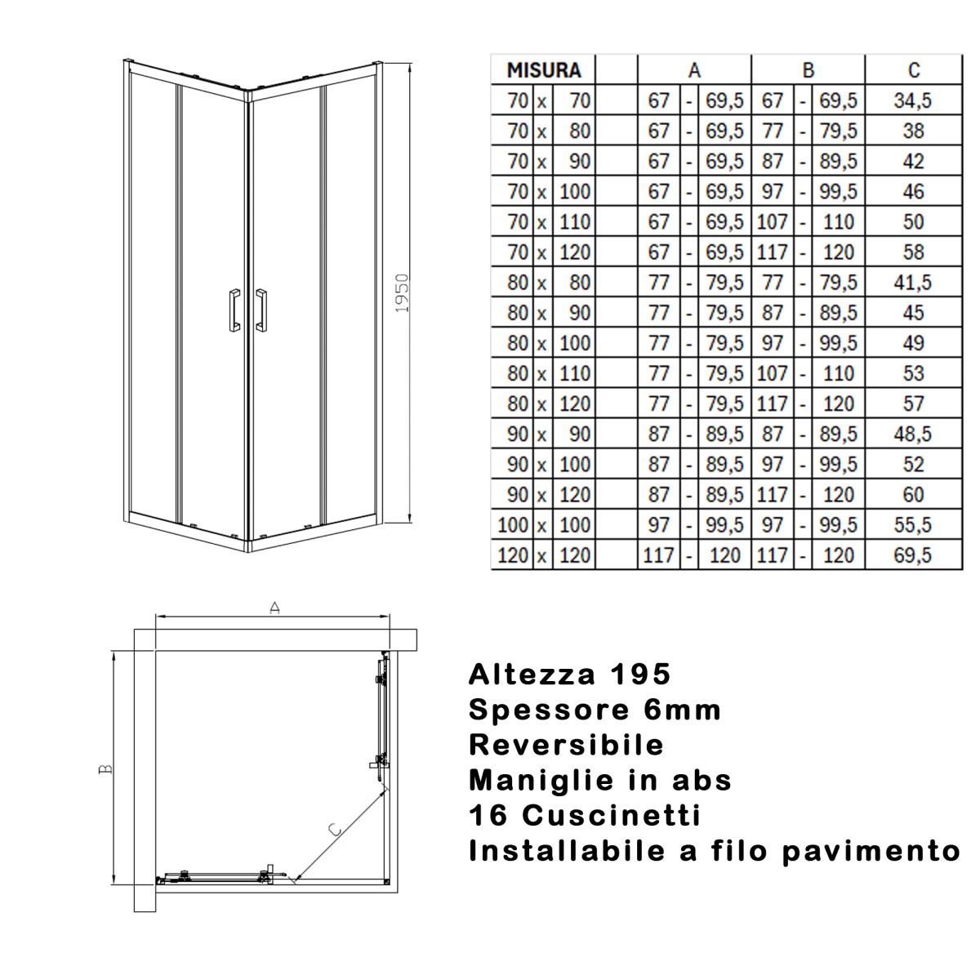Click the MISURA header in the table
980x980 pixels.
point(543,70)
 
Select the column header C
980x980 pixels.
point(913,70)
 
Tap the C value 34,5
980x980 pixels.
point(913,100)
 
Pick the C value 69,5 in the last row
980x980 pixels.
point(913,555)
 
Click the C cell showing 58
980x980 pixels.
point(913,252)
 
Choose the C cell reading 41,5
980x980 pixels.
point(913,283)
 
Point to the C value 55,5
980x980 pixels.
point(913,525)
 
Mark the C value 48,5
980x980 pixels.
point(913,434)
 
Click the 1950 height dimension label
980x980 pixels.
point(401,292)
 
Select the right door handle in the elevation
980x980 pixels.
point(261,310)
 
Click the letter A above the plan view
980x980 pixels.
point(275,608)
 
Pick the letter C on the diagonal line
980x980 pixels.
point(334,829)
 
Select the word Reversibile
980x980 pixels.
point(566,745)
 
